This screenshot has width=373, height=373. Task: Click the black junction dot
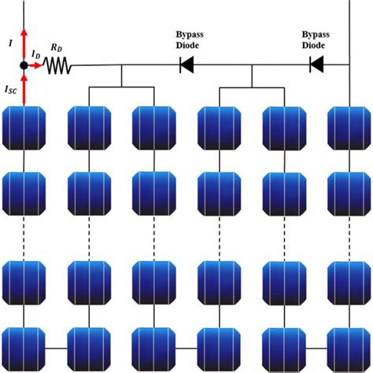24,65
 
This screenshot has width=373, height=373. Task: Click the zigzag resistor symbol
58,65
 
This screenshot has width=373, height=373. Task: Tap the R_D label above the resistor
57,48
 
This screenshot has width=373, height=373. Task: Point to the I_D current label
36,53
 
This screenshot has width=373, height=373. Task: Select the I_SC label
12,90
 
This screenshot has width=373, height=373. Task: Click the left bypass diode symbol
187,65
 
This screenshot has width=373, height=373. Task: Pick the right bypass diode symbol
317,65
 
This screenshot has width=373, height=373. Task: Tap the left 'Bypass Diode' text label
187,40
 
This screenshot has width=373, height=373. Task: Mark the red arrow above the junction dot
24,43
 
